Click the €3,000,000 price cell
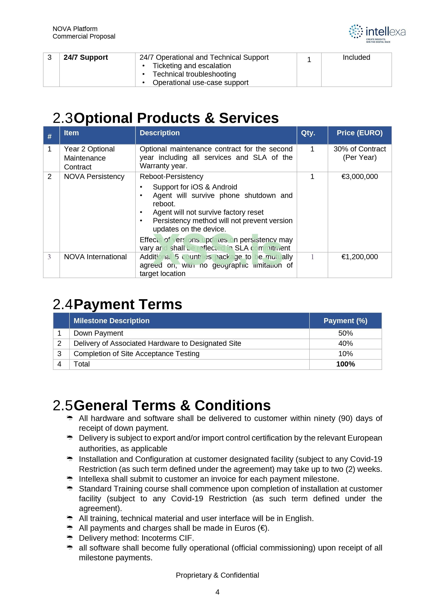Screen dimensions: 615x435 [359, 176]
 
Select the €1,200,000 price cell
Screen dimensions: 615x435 [359, 257]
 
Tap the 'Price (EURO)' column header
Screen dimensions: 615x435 [359, 133]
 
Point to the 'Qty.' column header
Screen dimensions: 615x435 [308, 133]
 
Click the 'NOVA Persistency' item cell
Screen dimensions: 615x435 [94, 176]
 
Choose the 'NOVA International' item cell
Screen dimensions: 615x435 [95, 257]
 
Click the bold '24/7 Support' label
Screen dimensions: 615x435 [86, 57]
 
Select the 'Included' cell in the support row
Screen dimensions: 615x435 [356, 57]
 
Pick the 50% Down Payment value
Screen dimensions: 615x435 [345, 333]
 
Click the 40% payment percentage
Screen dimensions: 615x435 [345, 343]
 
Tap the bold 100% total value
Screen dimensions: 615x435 [345, 364]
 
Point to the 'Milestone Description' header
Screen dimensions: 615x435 [112, 321]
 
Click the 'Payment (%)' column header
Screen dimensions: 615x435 [345, 321]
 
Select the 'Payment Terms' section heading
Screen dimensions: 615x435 [128, 305]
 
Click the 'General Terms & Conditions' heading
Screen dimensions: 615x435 [172, 406]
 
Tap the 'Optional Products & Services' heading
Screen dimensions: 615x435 [176, 118]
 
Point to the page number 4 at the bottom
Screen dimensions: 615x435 [217, 592]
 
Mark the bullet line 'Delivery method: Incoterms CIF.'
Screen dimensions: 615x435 [136, 538]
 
